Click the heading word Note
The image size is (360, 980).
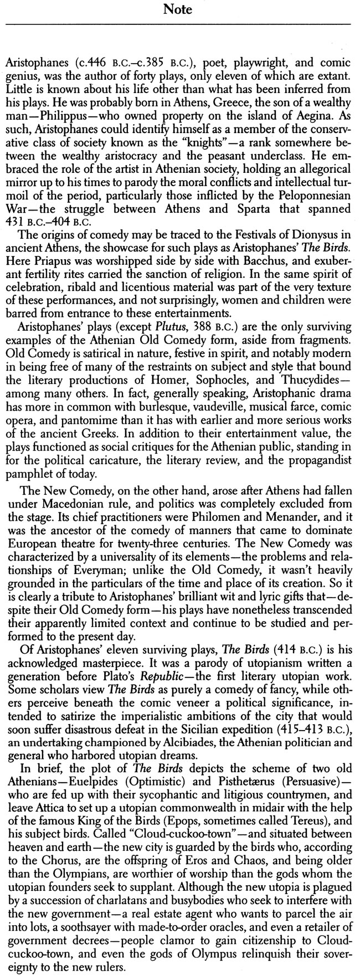click(x=179, y=10)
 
